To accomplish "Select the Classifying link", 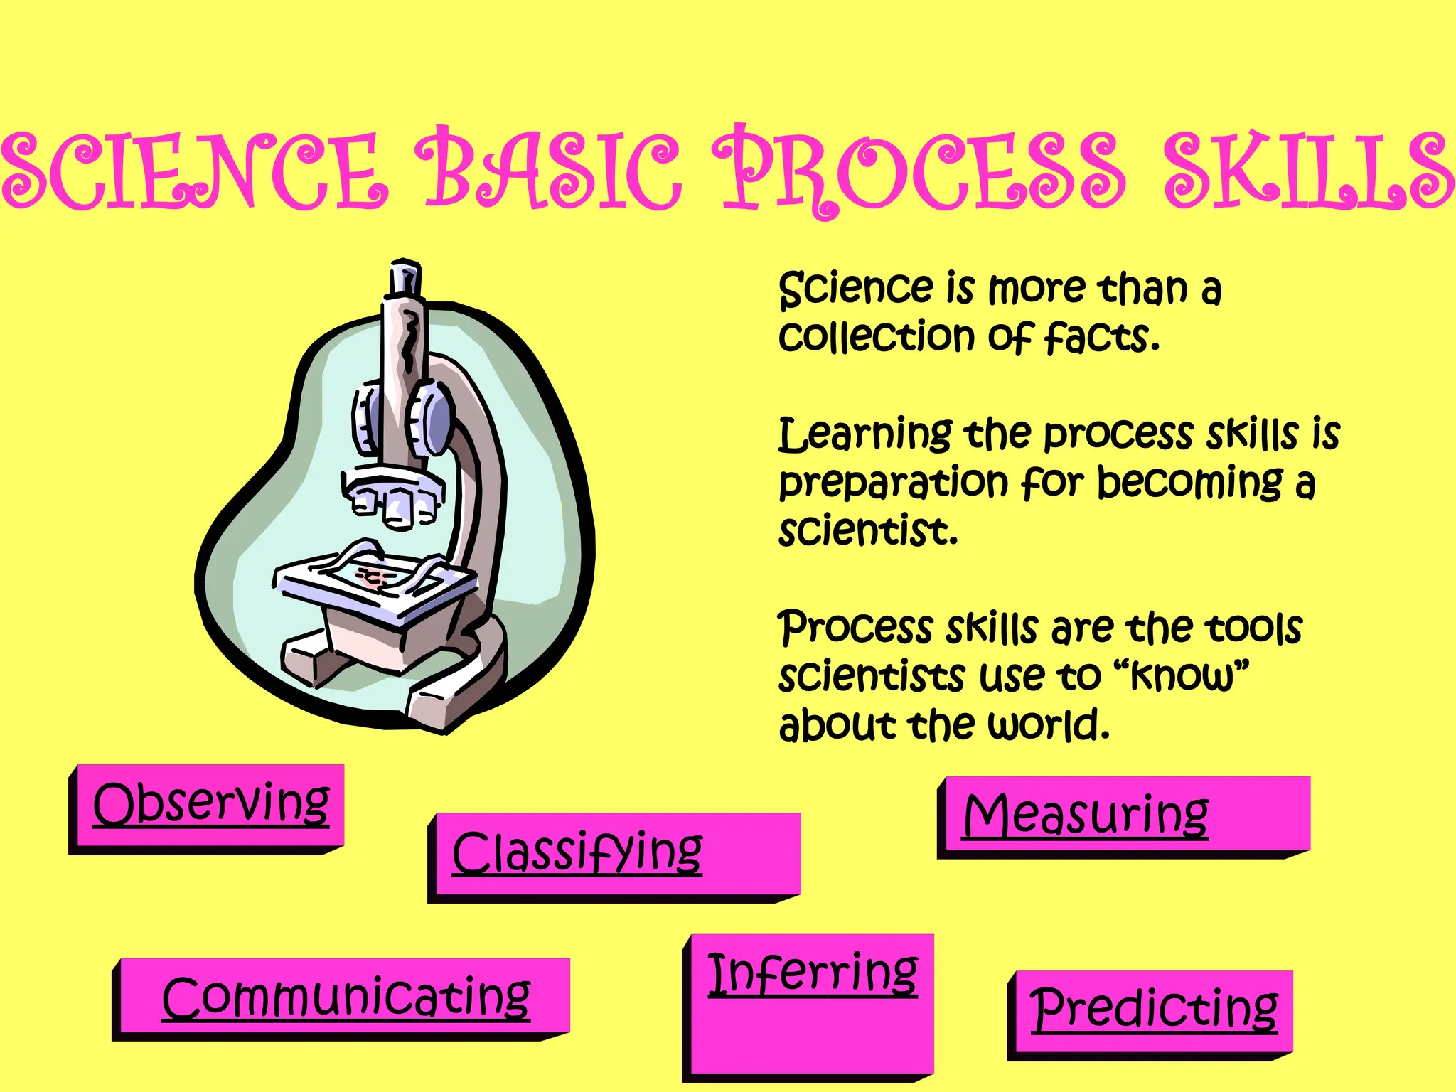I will point(577,852).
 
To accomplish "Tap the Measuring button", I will point(1086,815).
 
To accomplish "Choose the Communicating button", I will point(346,997).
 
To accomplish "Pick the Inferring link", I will point(813,973).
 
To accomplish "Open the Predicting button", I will point(1154,1008).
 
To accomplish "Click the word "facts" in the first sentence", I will point(1101,337).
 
